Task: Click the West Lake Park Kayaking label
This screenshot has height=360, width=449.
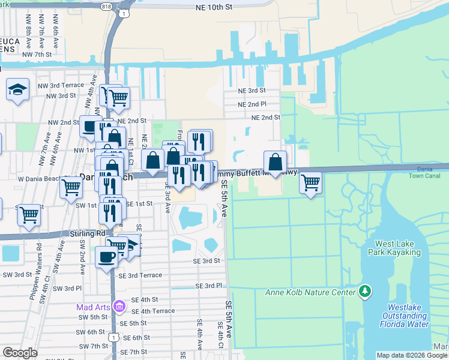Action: click(397, 248)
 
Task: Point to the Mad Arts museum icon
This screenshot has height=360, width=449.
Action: click(119, 307)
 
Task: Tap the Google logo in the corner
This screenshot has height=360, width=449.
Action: click(20, 352)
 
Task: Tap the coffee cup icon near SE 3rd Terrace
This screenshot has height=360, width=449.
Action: click(107, 257)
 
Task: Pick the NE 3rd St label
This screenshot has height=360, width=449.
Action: click(252, 91)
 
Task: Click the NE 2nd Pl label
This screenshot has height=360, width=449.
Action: click(252, 104)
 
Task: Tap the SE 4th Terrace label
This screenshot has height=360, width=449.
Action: click(153, 311)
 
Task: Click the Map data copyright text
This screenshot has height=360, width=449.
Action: click(412, 355)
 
